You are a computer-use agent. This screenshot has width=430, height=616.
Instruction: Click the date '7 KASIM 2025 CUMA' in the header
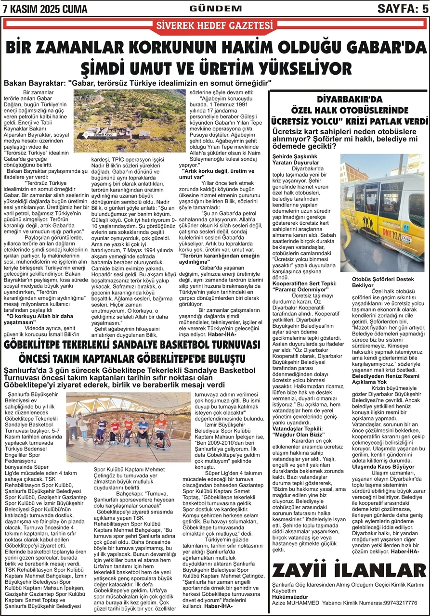click(x=44, y=9)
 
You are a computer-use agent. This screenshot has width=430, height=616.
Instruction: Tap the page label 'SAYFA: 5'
click(x=403, y=8)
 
